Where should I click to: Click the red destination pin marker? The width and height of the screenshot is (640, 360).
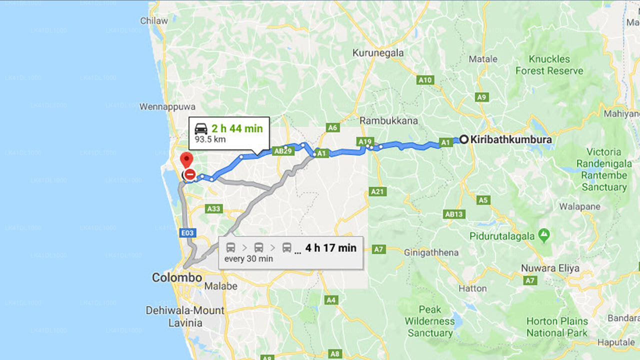pos(186,160)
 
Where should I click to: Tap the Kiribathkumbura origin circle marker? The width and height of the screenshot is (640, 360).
pos(464,140)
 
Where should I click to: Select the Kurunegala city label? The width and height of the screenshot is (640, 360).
pos(378,52)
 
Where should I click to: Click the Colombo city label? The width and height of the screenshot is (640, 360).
pos(177,277)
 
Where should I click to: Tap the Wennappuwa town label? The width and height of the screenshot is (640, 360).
pos(167,106)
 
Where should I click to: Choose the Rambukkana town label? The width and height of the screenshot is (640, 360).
pos(388,120)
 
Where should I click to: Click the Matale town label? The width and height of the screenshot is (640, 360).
pos(483,59)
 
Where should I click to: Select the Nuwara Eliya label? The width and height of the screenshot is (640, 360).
pos(550,268)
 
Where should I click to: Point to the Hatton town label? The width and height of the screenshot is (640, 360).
pos(472,288)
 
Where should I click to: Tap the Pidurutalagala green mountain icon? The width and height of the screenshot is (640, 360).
pos(544,234)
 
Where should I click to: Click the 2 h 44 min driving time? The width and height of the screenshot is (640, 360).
pos(237,128)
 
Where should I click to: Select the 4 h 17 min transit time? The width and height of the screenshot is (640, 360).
pos(331,247)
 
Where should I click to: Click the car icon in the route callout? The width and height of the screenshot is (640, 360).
pos(201,128)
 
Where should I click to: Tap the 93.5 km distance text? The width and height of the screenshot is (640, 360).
pos(210,139)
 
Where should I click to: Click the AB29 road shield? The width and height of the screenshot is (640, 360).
pos(283,150)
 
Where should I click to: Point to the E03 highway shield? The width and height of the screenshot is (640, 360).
pos(188,233)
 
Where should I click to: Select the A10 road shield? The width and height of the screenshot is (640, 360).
pos(425,80)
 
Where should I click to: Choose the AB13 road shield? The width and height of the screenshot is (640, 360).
pos(454,214)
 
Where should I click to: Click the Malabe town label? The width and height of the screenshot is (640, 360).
pos(221,286)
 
